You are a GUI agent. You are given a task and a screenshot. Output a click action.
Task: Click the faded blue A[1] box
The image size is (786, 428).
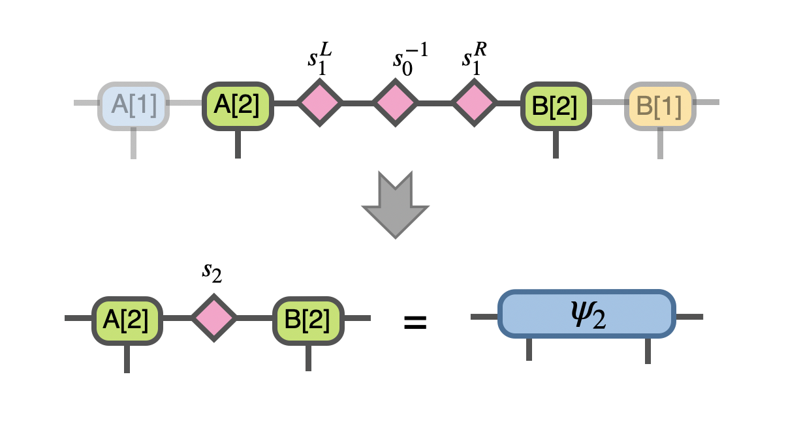point(134,105)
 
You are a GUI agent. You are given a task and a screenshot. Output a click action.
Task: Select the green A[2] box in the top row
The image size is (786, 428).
point(238,105)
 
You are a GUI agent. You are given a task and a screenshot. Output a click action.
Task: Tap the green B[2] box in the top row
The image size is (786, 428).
point(556,105)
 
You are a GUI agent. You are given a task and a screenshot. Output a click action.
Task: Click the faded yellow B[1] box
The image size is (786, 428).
point(660,105)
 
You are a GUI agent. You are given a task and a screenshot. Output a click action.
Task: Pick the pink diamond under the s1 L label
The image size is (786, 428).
point(320,103)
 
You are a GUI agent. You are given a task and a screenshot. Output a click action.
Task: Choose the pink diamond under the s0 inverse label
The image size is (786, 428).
point(396,103)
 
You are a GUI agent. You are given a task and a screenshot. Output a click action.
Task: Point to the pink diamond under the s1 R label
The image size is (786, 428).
point(475,103)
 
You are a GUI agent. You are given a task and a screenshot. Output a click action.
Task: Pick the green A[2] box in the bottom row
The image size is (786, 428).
point(127,320)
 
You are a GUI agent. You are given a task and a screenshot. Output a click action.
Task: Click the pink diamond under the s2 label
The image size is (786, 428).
point(214,318)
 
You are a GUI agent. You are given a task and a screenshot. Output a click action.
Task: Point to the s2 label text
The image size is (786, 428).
point(212,272)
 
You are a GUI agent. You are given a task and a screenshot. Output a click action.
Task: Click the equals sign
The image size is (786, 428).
point(415,322)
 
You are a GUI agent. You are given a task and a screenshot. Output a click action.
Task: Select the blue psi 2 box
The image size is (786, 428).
point(586,314)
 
